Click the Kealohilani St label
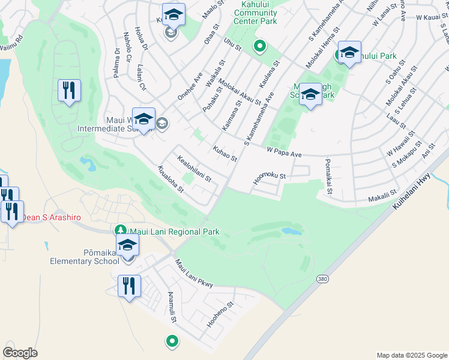click(x=194, y=169)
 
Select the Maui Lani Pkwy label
click(x=194, y=274)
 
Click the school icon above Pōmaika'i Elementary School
click(x=127, y=245)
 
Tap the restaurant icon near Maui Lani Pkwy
click(x=129, y=286)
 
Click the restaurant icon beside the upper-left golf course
click(x=69, y=91)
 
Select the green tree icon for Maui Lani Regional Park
click(x=120, y=231)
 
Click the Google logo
click(x=20, y=352)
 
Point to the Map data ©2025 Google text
click(x=411, y=355)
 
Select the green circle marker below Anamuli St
click(x=172, y=341)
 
